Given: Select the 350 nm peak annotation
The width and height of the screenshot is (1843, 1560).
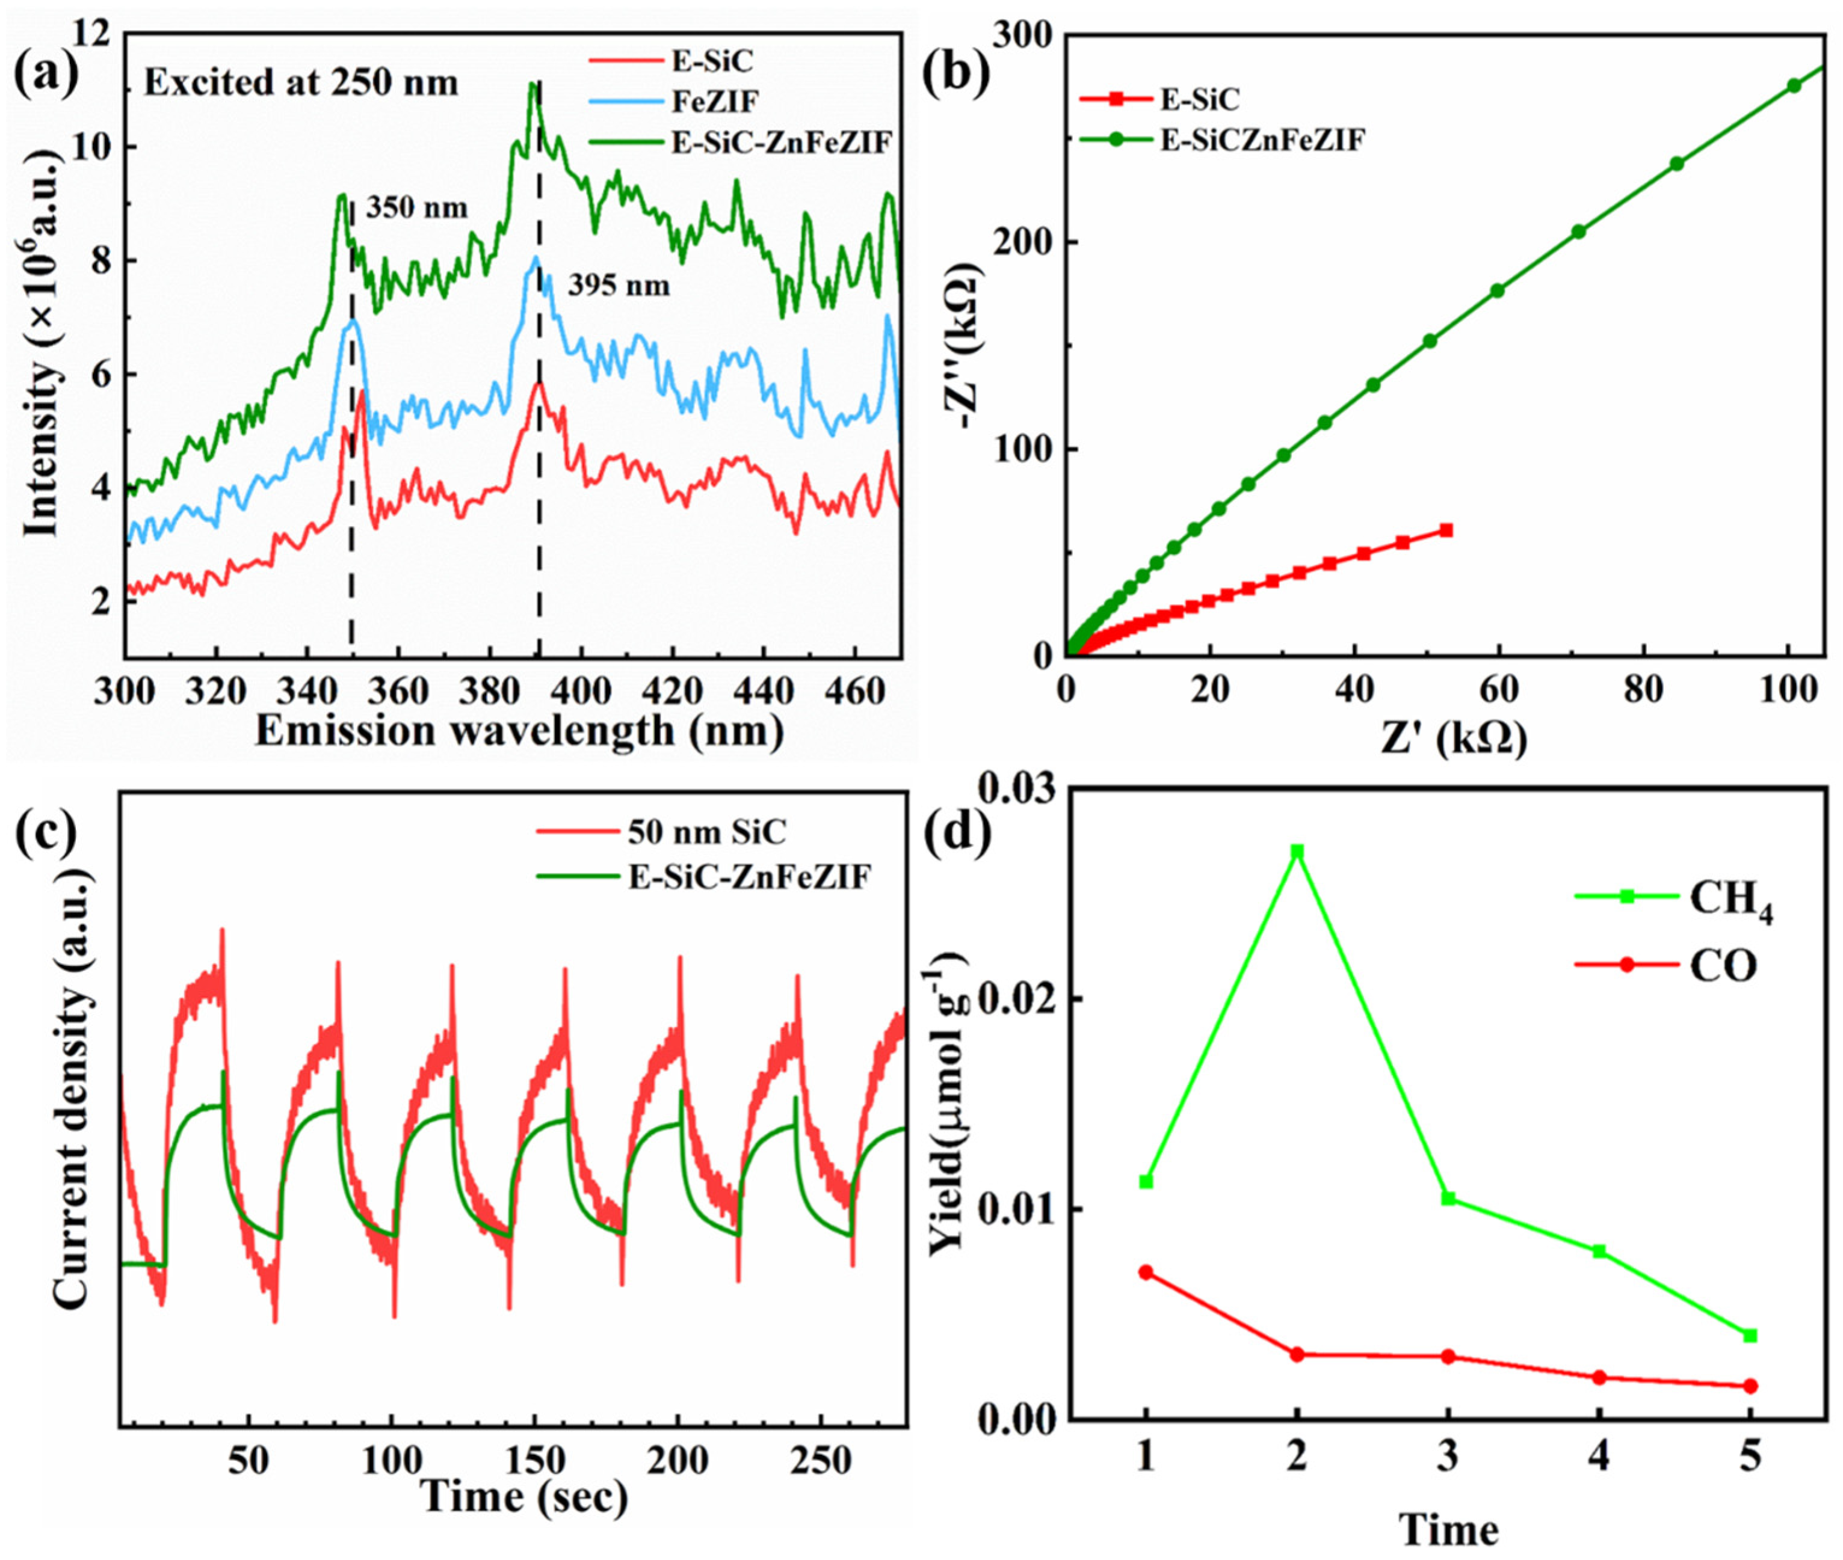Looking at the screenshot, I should [x=416, y=208].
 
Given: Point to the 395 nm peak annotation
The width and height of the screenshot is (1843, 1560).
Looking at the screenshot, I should [x=619, y=286].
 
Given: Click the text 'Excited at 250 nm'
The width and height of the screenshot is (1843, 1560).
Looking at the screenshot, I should [x=301, y=83].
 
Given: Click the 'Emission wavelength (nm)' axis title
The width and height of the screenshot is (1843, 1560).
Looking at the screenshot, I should [x=519, y=731].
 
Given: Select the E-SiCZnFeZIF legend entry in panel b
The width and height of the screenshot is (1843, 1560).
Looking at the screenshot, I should [x=1262, y=139].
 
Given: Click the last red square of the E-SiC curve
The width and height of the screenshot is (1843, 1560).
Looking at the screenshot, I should [x=1446, y=530].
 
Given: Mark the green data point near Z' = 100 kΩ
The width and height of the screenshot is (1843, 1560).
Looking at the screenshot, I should [x=1794, y=86].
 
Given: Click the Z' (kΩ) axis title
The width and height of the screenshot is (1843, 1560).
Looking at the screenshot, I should [x=1454, y=739].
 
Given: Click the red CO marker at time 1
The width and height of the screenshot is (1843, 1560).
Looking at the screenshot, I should [x=1146, y=1272].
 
